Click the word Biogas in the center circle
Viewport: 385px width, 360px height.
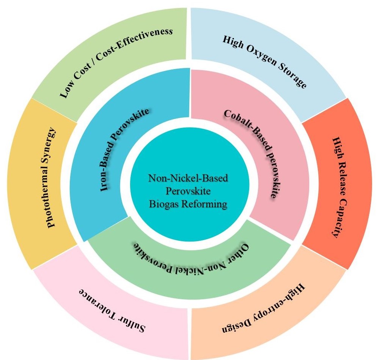[x=167, y=204]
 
